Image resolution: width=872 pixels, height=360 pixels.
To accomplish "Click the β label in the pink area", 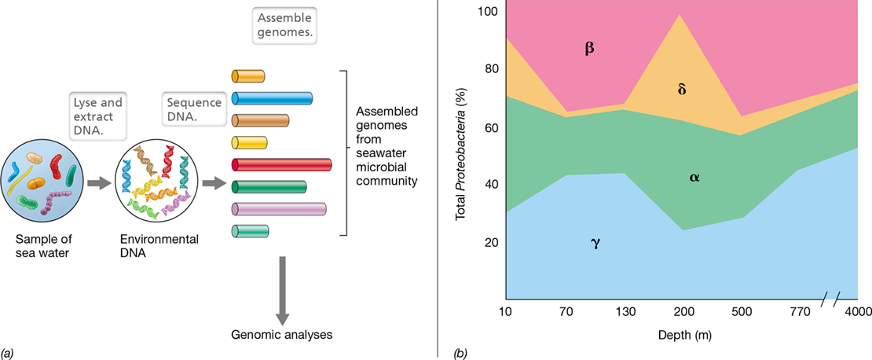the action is (589, 49).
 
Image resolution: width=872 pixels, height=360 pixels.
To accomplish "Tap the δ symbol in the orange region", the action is (682, 90).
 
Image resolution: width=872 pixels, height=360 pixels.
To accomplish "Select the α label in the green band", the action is (694, 178).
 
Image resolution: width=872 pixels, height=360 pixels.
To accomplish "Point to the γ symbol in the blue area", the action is (595, 244).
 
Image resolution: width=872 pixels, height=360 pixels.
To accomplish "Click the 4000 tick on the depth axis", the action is (857, 312).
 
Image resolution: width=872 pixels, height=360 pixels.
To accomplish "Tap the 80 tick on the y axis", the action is (492, 69).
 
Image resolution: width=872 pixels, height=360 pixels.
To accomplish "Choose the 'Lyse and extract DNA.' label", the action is (98, 116).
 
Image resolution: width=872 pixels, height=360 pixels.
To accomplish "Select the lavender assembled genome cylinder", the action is (278, 209).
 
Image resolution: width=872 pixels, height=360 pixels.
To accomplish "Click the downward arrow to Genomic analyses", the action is (283, 291).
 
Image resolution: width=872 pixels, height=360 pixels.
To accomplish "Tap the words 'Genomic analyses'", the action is (282, 336).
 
